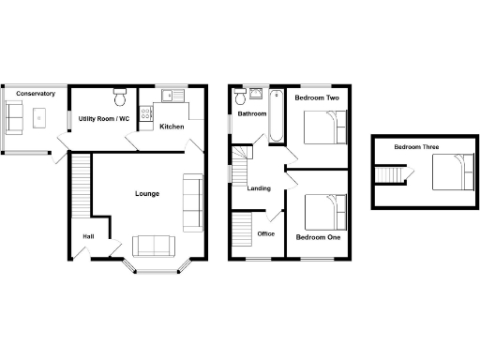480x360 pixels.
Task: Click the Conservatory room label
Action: (36, 94)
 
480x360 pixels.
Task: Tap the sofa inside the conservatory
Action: (15, 117)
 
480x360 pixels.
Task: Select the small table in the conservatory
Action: (41, 117)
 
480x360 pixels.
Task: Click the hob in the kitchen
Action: (146, 115)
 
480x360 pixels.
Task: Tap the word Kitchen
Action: (171, 127)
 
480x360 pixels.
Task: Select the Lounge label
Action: (146, 194)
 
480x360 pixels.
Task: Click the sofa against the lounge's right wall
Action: (193, 202)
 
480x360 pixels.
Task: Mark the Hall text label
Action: (89, 236)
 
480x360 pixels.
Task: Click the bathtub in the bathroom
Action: (276, 116)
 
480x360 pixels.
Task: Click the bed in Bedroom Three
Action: (451, 172)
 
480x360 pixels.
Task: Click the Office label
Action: (266, 233)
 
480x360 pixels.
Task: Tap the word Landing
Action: (259, 188)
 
